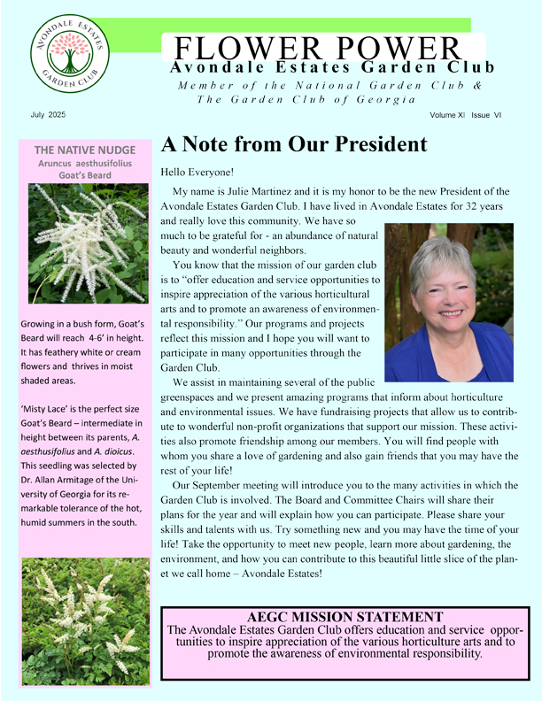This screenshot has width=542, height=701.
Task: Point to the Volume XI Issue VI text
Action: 466,116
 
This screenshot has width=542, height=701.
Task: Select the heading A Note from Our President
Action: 293,144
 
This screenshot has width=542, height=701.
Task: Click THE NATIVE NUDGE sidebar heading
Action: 85,150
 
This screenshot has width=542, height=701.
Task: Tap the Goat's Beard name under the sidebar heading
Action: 85,174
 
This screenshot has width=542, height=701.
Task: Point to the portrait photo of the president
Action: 449,302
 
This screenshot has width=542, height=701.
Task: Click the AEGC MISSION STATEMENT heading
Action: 346,617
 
